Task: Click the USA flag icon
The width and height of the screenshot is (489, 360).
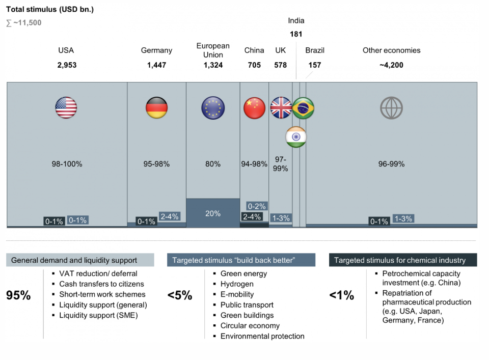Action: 66,108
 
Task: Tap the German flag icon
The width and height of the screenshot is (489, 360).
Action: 156,108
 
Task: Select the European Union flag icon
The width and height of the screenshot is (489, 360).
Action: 213,108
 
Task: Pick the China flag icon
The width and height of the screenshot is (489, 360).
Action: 254,108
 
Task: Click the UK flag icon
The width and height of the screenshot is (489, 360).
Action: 281,108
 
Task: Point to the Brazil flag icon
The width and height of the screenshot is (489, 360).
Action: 303,108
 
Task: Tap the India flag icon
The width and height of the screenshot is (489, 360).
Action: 295,137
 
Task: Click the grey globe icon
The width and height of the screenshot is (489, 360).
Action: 391,108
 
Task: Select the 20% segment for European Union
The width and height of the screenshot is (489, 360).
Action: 213,213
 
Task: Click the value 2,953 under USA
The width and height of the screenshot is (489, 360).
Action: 66,65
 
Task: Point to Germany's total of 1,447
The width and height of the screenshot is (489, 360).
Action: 156,65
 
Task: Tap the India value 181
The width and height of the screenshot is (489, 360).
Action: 296,34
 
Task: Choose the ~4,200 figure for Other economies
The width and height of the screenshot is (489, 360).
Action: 391,65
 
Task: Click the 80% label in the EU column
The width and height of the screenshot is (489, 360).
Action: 213,164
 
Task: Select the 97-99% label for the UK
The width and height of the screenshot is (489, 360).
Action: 280,164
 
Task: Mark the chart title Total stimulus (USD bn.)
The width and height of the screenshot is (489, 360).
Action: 50,10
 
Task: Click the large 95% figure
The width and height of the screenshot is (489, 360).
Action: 19,295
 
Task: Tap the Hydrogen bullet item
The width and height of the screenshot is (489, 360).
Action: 237,284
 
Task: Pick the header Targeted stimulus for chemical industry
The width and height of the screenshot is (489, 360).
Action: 400,260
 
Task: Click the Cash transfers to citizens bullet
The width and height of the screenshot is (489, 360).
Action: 101,284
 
